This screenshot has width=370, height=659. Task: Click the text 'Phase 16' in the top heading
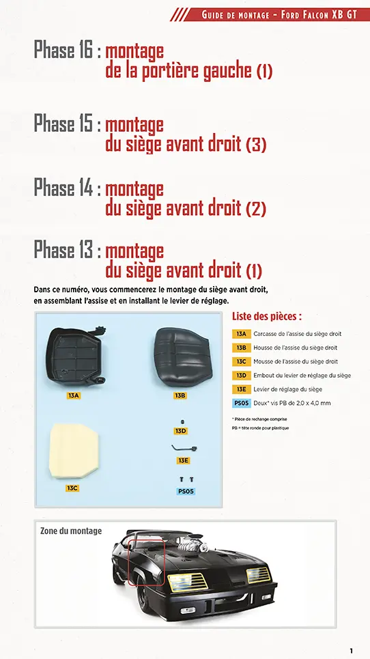point(63,50)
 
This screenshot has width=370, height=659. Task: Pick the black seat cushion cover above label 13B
point(180,355)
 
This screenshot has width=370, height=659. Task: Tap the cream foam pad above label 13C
point(74,450)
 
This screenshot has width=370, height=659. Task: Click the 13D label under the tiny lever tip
point(181,431)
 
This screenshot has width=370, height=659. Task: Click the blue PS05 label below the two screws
point(186,490)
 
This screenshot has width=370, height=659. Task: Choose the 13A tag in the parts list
point(241,334)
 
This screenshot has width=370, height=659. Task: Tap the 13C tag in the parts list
point(241,361)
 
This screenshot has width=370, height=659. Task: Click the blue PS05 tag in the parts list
point(241,403)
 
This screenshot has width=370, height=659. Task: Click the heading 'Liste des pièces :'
point(267,316)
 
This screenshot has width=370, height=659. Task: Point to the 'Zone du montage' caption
point(71,531)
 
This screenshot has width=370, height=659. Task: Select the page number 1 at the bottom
point(351,650)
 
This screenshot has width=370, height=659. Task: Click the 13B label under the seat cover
point(180,395)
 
